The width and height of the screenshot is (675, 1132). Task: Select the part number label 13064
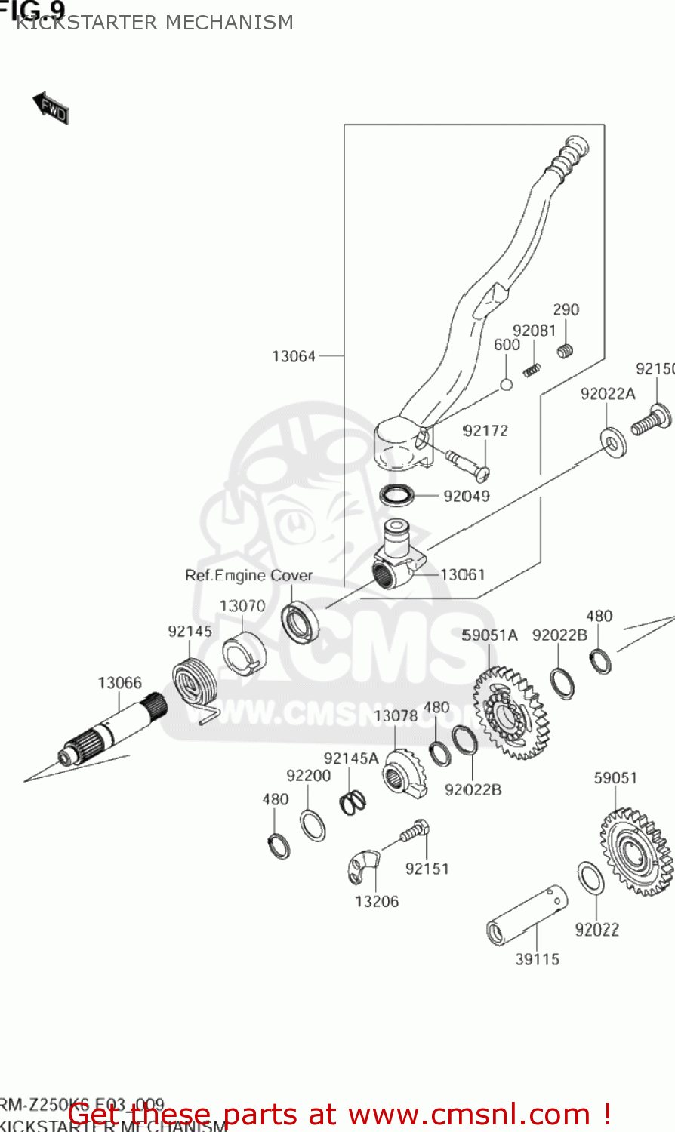(294, 356)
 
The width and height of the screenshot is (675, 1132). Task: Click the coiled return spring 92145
(195, 683)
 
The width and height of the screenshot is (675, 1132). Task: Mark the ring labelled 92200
(313, 825)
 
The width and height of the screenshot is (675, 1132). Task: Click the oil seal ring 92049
(396, 496)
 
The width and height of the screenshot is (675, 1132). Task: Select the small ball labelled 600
(507, 385)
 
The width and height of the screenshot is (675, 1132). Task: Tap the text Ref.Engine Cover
(248, 576)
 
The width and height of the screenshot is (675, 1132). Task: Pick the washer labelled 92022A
(612, 442)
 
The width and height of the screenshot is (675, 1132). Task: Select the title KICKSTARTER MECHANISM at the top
(155, 23)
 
